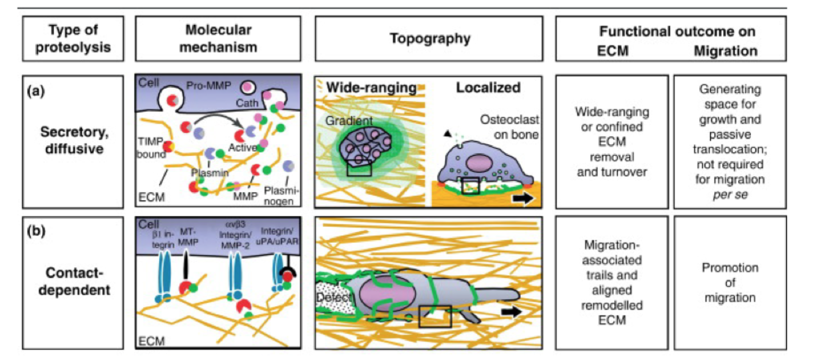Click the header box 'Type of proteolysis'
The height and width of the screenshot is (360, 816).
coord(73,38)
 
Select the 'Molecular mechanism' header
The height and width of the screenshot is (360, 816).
coord(218,38)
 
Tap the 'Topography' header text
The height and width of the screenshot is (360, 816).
coord(430,38)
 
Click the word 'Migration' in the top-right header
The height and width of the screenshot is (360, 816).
coord(725,51)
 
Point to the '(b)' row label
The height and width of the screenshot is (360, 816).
coord(36,231)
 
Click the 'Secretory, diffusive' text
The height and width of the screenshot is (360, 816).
coord(74,140)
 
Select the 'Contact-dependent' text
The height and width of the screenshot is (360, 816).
coord(74,281)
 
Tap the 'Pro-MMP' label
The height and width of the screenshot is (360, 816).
coord(208,85)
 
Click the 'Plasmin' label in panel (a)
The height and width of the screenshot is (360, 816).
coord(210,172)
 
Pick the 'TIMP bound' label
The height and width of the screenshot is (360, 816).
coord(151,148)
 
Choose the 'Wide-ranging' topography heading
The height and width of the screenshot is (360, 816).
coord(371,88)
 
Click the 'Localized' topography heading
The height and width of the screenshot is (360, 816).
coord(488,88)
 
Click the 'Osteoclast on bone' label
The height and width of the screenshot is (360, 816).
coord(509,127)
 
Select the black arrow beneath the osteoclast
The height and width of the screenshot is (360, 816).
coord(523,199)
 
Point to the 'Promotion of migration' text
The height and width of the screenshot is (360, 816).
coord(730,283)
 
